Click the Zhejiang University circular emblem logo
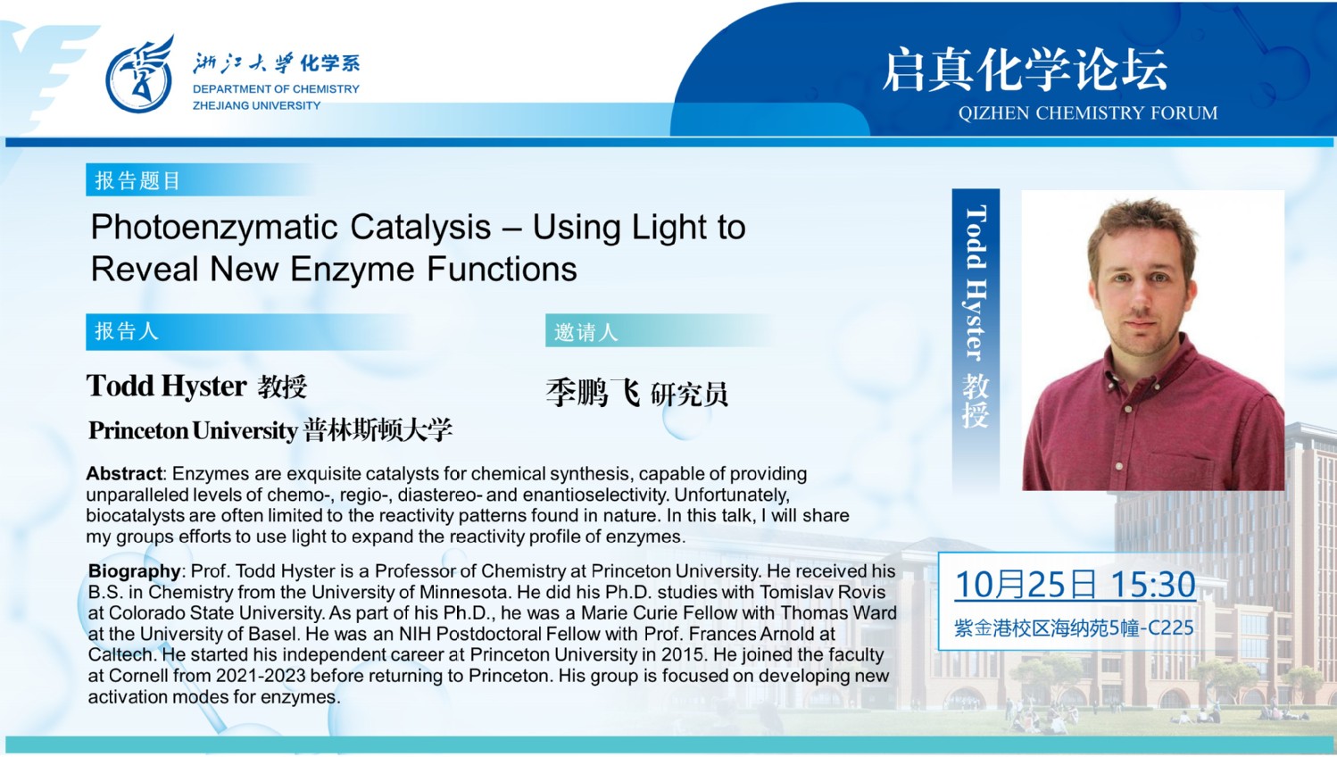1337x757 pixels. pyautogui.click(x=139, y=75)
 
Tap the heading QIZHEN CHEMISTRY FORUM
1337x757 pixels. pyautogui.click(x=1087, y=112)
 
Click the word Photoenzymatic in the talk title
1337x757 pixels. pyautogui.click(x=214, y=228)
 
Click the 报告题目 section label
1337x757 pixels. pyautogui.click(x=137, y=180)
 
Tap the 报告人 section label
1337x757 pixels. pyautogui.click(x=127, y=331)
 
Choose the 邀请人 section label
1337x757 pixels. pyautogui.click(x=585, y=331)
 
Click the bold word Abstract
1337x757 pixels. pyautogui.click(x=124, y=473)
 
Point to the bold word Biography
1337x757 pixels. pyautogui.click(x=134, y=571)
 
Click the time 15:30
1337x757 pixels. pyautogui.click(x=1153, y=584)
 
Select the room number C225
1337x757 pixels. pyautogui.click(x=1171, y=628)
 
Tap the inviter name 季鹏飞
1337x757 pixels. pyautogui.click(x=593, y=393)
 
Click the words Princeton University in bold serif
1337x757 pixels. pyautogui.click(x=193, y=430)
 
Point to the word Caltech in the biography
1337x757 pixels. pyautogui.click(x=120, y=655)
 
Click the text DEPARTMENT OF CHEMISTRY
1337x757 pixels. pyautogui.click(x=276, y=89)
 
